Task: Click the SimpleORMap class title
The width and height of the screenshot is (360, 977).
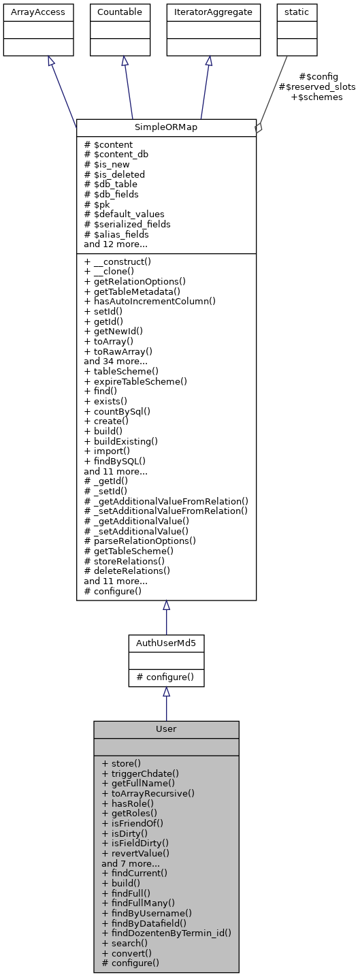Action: pyautogui.click(x=166, y=128)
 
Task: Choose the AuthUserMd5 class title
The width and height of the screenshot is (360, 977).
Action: pyautogui.click(x=166, y=643)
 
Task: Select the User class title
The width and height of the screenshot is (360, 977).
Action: pyautogui.click(x=166, y=728)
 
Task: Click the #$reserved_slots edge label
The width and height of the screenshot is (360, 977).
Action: pyautogui.click(x=317, y=86)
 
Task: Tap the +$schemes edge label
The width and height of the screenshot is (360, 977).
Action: pyautogui.click(x=317, y=97)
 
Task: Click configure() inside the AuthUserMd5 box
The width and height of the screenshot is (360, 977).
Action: pyautogui.click(x=166, y=677)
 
